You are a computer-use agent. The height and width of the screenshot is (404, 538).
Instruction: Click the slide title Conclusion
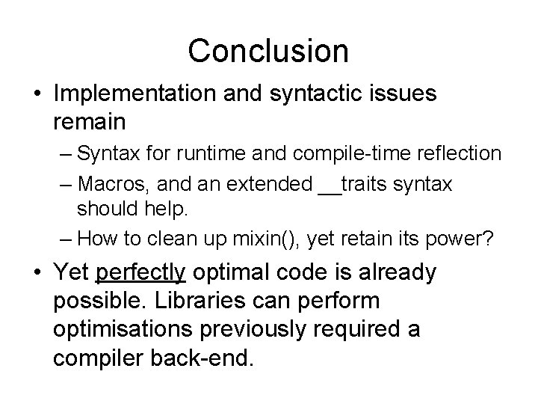[268, 51]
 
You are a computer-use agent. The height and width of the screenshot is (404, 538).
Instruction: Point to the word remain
[88, 120]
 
